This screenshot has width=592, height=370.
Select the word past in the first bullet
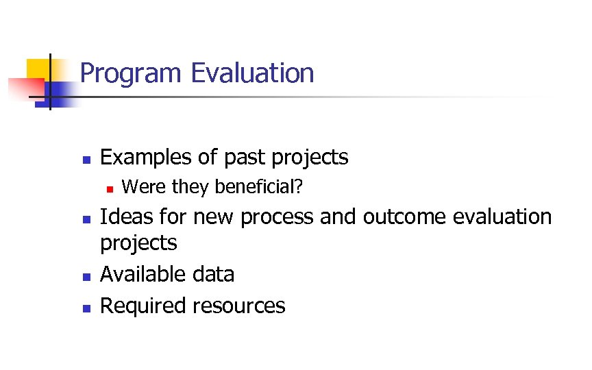[x=246, y=158]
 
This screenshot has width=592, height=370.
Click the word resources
[x=238, y=306]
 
